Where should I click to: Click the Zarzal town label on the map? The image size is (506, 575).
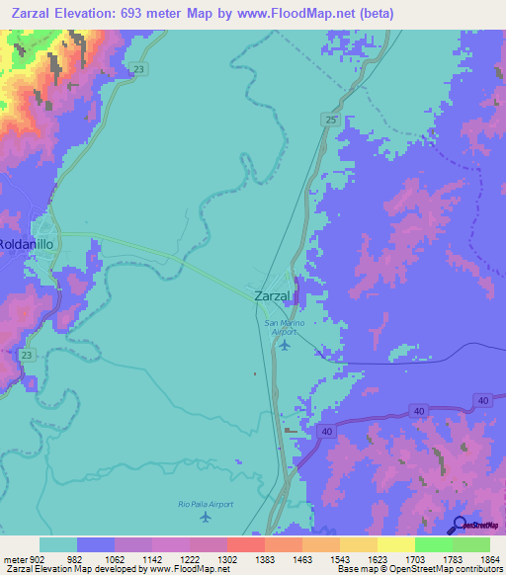(272, 295)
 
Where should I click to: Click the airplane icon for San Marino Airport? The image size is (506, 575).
(286, 345)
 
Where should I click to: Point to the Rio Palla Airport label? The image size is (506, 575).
(207, 504)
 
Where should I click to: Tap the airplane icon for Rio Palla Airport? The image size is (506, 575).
(206, 517)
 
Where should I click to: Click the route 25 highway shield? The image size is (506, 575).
(329, 119)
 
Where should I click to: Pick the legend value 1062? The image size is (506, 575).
(116, 558)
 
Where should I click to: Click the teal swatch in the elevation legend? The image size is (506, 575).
(58, 544)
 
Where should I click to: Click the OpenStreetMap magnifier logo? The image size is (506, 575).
(459, 525)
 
